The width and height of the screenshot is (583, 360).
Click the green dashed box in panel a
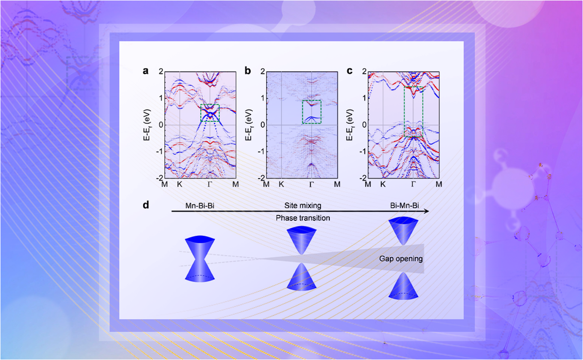click(210, 113)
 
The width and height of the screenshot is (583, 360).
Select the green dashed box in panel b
click(311, 112)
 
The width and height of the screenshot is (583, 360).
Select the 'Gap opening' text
click(401, 258)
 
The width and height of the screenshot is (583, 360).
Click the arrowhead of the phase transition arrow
click(426, 211)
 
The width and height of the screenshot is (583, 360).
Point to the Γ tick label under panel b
click(311, 185)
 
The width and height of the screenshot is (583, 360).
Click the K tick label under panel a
click(179, 185)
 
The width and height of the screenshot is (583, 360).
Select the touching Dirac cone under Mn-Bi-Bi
click(199, 257)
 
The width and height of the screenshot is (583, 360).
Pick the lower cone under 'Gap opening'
click(404, 285)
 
